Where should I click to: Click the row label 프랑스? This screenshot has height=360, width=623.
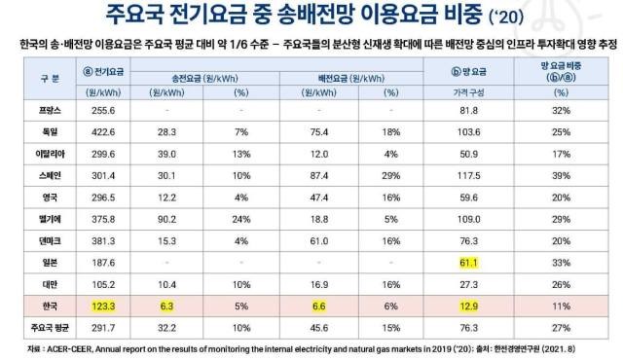(36, 112)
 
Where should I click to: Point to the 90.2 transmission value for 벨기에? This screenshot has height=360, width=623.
(166, 219)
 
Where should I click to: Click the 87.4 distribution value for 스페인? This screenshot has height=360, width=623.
(313, 175)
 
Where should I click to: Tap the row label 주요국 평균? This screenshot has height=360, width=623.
(36, 329)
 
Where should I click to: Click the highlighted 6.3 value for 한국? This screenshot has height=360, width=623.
(166, 306)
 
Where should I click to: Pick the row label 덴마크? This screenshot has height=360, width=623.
(36, 241)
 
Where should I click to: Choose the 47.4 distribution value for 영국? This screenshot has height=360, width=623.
(313, 198)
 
